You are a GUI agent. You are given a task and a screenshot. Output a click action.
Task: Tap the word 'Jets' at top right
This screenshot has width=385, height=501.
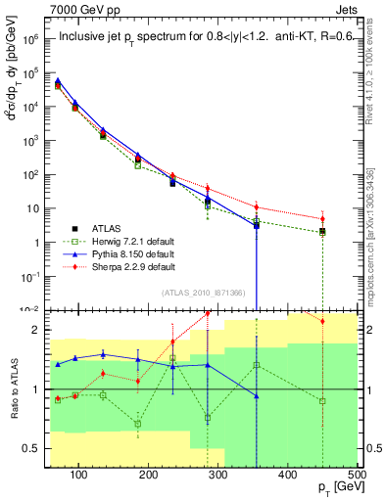coord(348,9)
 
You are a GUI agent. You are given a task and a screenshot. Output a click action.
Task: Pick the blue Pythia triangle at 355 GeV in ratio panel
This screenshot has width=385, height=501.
coord(257,396)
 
